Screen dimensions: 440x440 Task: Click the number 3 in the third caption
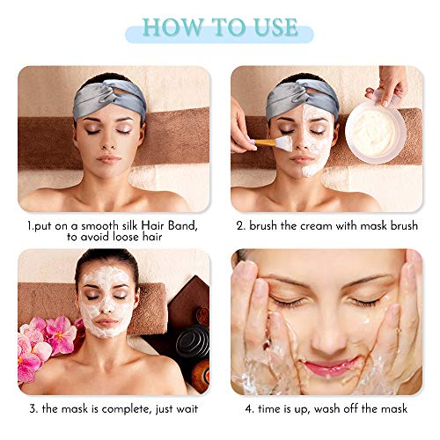coord(32,408)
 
